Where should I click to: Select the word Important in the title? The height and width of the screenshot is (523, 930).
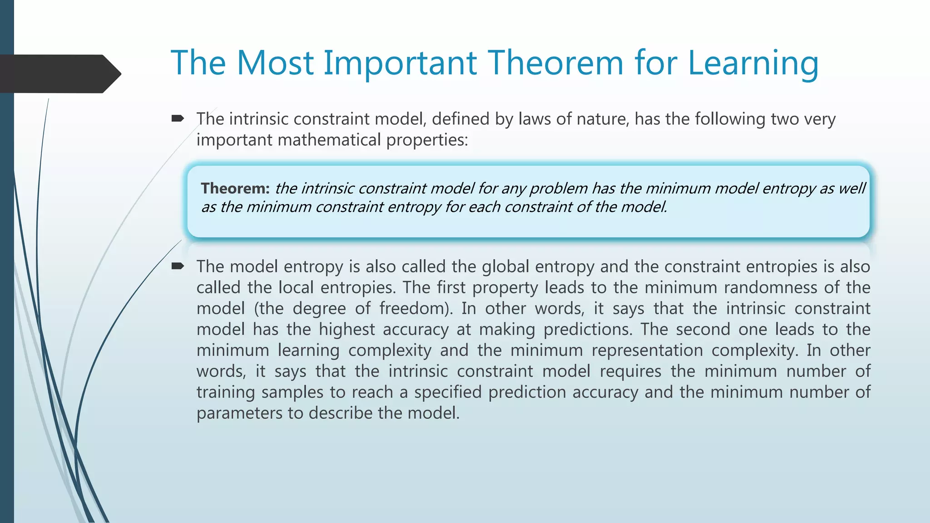pyautogui.click(x=400, y=63)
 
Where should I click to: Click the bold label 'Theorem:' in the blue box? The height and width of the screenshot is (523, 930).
pyautogui.click(x=235, y=188)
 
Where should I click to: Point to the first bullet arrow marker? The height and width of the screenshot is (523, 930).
pyautogui.click(x=177, y=119)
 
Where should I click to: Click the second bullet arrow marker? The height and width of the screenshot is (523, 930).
pyautogui.click(x=177, y=266)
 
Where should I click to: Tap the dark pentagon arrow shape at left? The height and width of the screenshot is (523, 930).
pyautogui.click(x=59, y=74)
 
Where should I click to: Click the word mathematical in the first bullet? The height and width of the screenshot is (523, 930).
pyautogui.click(x=330, y=140)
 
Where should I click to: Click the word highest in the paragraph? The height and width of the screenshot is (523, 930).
pyautogui.click(x=346, y=329)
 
